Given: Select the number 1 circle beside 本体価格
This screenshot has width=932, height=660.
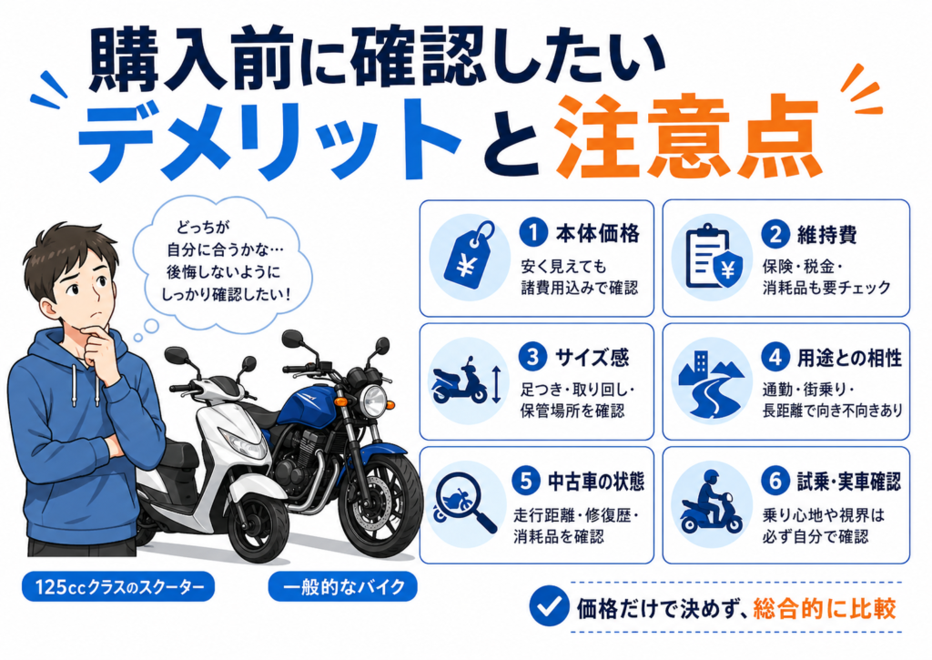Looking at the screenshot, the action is [533, 232].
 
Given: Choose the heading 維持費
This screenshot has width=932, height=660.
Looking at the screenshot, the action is [826, 235].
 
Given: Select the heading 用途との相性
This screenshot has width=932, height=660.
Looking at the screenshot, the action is [849, 358].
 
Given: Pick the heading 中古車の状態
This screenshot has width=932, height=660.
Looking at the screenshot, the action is [595, 481].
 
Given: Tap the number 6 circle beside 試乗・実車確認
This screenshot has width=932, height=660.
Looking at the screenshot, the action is [775, 481].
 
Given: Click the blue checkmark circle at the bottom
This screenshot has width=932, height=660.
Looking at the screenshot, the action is [549, 606].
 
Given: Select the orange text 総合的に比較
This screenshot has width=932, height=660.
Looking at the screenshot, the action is [825, 608].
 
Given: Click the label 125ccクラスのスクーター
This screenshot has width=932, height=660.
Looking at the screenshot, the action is [118, 587].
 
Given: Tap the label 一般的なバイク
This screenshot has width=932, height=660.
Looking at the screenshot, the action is [343, 587].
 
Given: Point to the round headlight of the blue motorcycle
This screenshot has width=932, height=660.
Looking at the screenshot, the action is [374, 401].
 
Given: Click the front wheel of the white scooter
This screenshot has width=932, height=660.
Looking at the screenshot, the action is [259, 529].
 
